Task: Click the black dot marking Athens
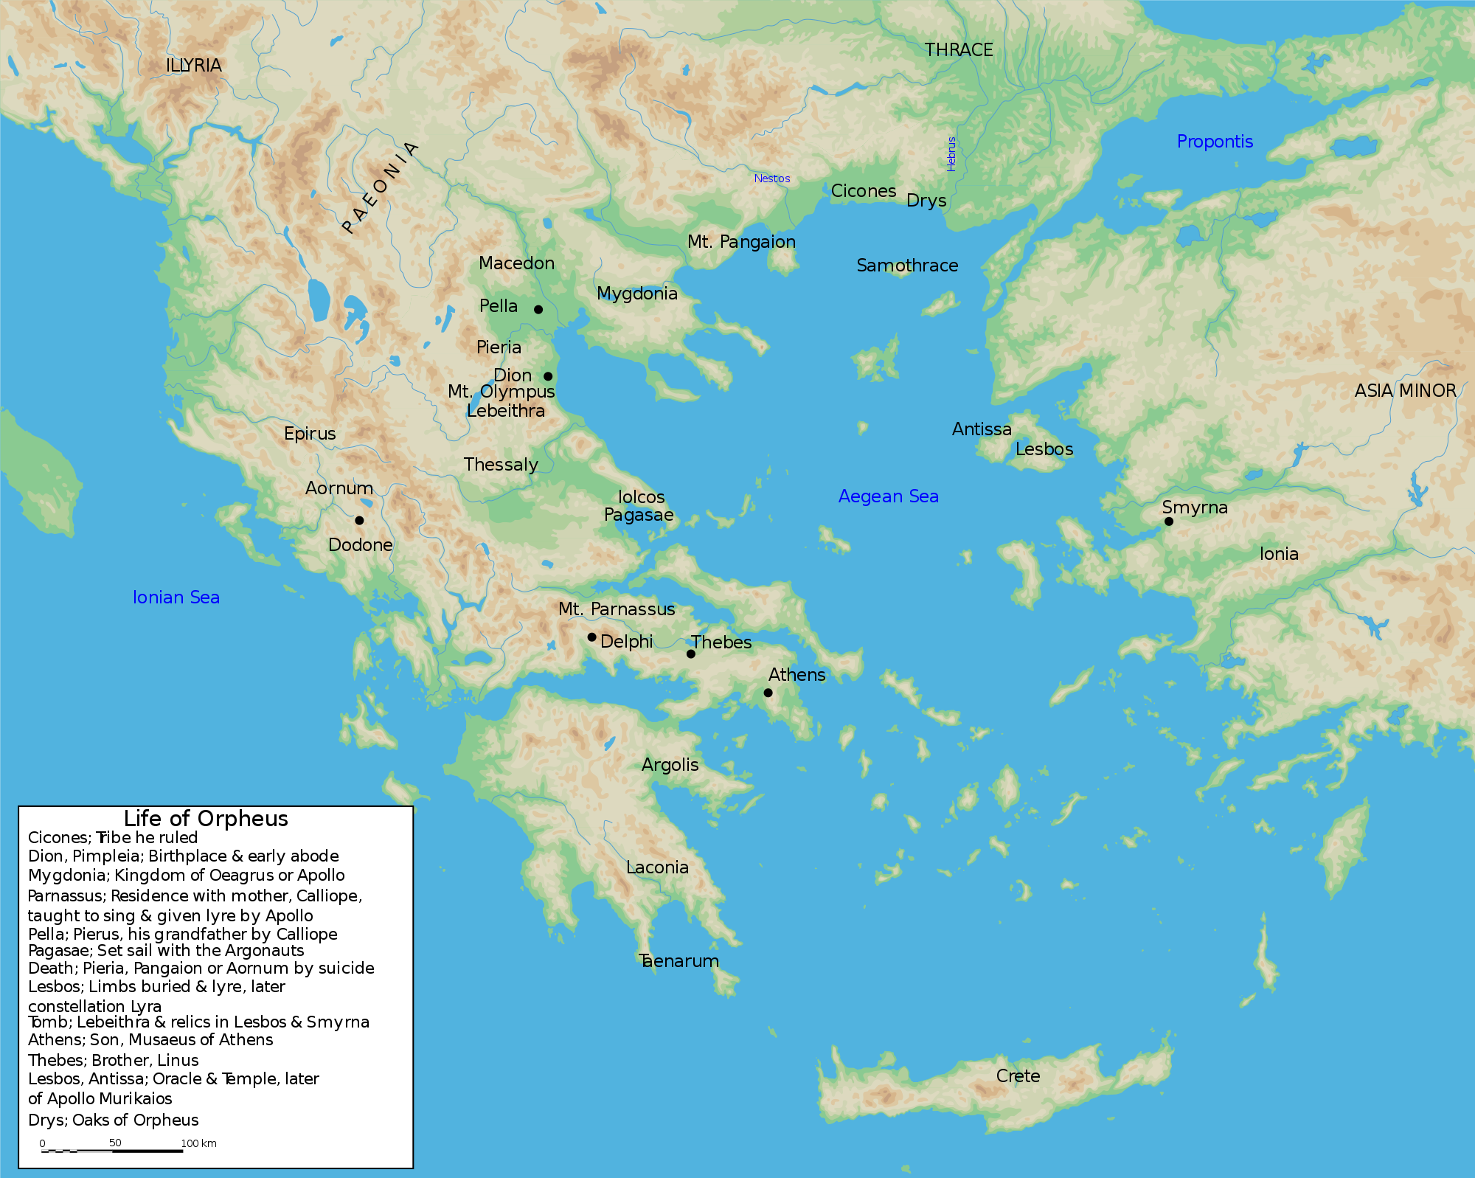click(x=768, y=693)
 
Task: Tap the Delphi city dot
click(x=591, y=637)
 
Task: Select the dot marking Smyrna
click(x=1169, y=522)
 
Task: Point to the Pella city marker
click(x=538, y=309)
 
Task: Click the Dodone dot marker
click(x=359, y=520)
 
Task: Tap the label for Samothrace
click(x=907, y=266)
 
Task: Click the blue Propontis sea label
click(x=1215, y=142)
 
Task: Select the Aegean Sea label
click(x=888, y=496)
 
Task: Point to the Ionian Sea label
click(x=176, y=597)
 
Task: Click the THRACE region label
click(x=959, y=50)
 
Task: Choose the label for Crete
click(x=1018, y=1076)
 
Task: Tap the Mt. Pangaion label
click(x=741, y=242)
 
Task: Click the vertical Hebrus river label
click(x=951, y=153)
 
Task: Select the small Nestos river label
click(x=771, y=179)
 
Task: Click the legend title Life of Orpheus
click(x=206, y=819)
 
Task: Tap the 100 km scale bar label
click(x=198, y=1143)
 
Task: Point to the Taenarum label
click(x=678, y=961)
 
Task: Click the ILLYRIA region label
click(x=194, y=66)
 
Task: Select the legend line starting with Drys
click(x=114, y=1120)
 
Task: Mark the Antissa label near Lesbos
click(x=982, y=429)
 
